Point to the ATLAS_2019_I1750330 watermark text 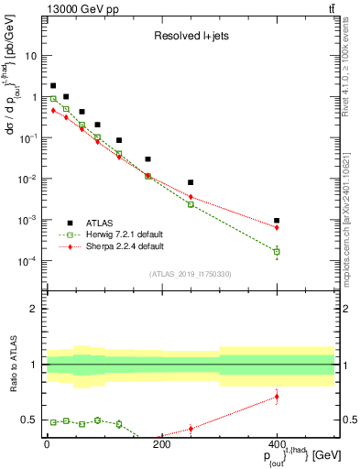tap(191, 274)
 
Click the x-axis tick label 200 tap(161, 445)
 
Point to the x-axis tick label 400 tap(277, 445)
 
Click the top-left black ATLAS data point tap(53, 85)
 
